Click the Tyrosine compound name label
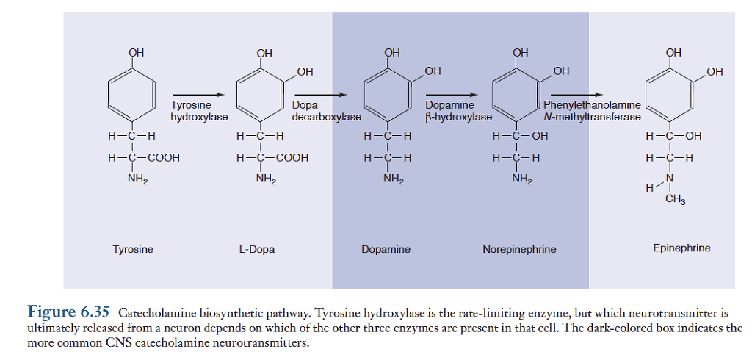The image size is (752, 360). pyautogui.click(x=133, y=249)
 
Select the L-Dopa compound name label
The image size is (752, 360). pyautogui.click(x=257, y=249)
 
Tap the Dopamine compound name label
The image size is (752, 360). pyautogui.click(x=386, y=249)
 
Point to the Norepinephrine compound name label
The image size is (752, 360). pyautogui.click(x=519, y=249)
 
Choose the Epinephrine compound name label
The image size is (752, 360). pyautogui.click(x=681, y=248)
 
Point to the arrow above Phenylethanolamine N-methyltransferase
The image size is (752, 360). pyautogui.click(x=577, y=95)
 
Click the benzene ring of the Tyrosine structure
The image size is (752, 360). pyautogui.click(x=132, y=93)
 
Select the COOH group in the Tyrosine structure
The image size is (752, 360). pyautogui.click(x=163, y=157)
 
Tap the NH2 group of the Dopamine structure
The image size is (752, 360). pyautogui.click(x=394, y=179)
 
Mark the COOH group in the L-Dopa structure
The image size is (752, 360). pyautogui.click(x=292, y=157)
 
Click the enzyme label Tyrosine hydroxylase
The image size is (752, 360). pyautogui.click(x=199, y=111)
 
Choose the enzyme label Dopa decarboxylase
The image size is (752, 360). pyautogui.click(x=326, y=111)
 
